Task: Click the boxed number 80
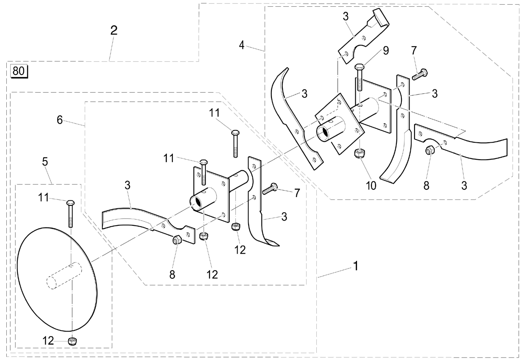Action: [x=19, y=71]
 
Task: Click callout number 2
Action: [x=114, y=30]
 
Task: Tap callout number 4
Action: [x=242, y=45]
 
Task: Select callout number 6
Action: [x=60, y=120]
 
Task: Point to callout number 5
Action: [x=45, y=161]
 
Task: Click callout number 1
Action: [x=355, y=266]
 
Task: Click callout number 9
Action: [x=386, y=51]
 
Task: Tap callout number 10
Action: [x=371, y=186]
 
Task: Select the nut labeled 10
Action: [x=360, y=153]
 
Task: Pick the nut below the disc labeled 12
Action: [x=72, y=341]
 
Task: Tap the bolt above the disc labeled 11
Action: [x=70, y=213]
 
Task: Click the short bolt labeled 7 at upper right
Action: [x=420, y=74]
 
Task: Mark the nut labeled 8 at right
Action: [x=430, y=150]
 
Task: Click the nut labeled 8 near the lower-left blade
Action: [x=177, y=239]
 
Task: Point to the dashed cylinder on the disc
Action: [x=64, y=276]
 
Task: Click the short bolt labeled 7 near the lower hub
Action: [x=270, y=188]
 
